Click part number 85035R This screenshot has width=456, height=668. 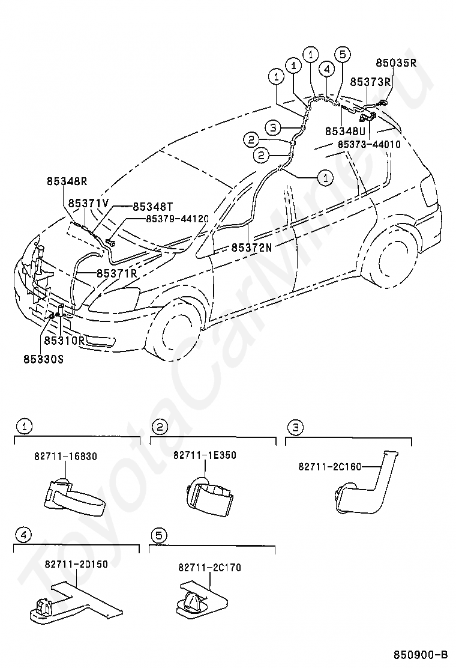coord(395,63)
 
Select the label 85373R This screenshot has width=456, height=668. coord(370,82)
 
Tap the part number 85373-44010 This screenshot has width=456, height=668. coord(369,144)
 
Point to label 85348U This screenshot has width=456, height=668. coord(346,131)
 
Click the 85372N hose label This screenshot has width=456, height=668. coord(251,247)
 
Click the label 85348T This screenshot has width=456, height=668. coord(153,207)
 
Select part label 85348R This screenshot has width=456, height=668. coord(67,181)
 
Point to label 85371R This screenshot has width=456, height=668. coord(117,273)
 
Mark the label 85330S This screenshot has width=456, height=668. coord(43,359)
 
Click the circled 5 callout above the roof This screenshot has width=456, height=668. coord(343,55)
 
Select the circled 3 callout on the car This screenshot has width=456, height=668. coord(272,127)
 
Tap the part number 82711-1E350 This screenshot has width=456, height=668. coord(205,455)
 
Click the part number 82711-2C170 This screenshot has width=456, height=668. coord(210,568)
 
